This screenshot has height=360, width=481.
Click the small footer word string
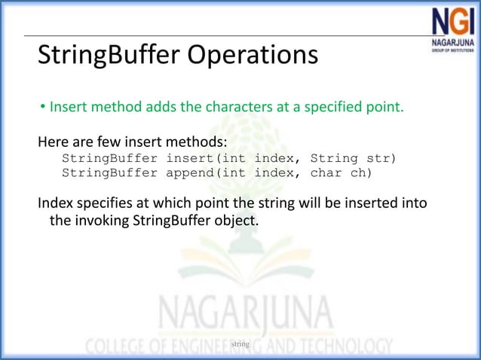pyautogui.click(x=240, y=344)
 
